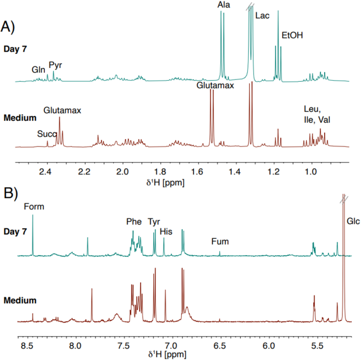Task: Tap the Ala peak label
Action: coord(223,5)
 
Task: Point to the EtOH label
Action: coord(292,36)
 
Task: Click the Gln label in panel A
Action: coord(38,69)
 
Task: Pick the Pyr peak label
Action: coord(55,65)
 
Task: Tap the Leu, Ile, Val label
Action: coord(317,114)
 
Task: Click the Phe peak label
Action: coord(134,222)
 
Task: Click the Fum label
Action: coord(219,242)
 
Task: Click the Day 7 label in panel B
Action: coord(19,232)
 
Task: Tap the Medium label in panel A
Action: coord(20,118)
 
